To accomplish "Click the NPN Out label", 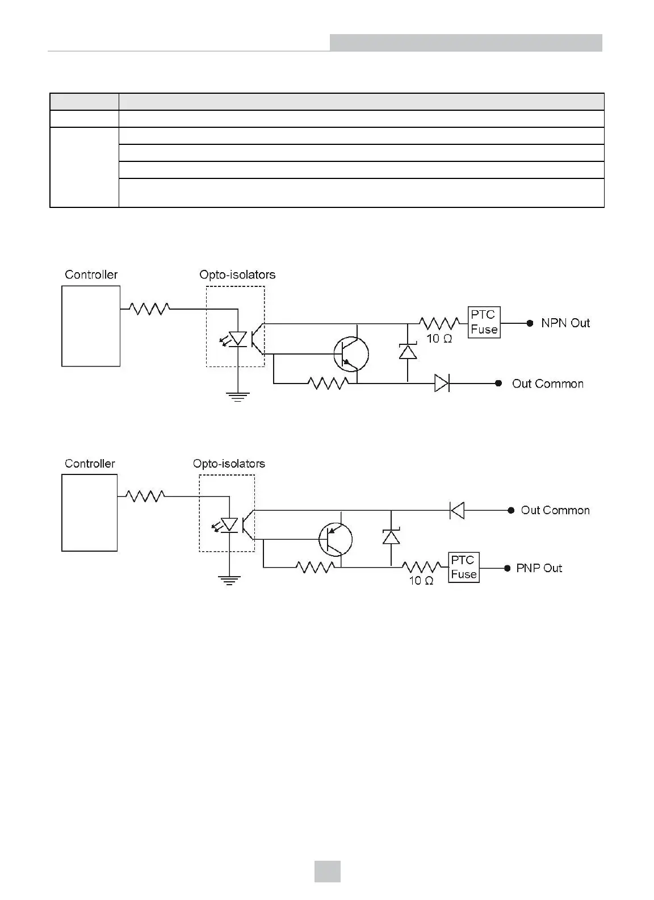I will tap(565, 323).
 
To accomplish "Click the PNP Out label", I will tap(539, 568).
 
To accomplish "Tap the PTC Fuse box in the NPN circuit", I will tap(484, 322).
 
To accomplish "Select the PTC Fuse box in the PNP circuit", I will tap(463, 567).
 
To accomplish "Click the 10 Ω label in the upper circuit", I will tap(439, 339).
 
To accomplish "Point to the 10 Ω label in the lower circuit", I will tap(421, 581).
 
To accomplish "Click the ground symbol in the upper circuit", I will tap(237, 397).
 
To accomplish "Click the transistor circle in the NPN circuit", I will tap(351, 355).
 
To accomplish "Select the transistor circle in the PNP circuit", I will tap(336, 539).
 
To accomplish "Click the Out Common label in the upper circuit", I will tap(547, 384).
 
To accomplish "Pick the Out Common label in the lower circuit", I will tap(555, 510).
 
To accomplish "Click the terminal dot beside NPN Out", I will tap(530, 323).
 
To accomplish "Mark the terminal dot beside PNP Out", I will tap(508, 568).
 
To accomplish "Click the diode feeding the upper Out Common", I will tap(442, 384).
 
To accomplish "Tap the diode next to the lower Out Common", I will tap(457, 510).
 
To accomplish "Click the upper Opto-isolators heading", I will tap(237, 274).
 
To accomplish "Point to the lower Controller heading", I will tap(90, 464).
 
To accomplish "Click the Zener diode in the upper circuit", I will tap(408, 352).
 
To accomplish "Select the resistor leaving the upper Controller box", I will tap(149, 309).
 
